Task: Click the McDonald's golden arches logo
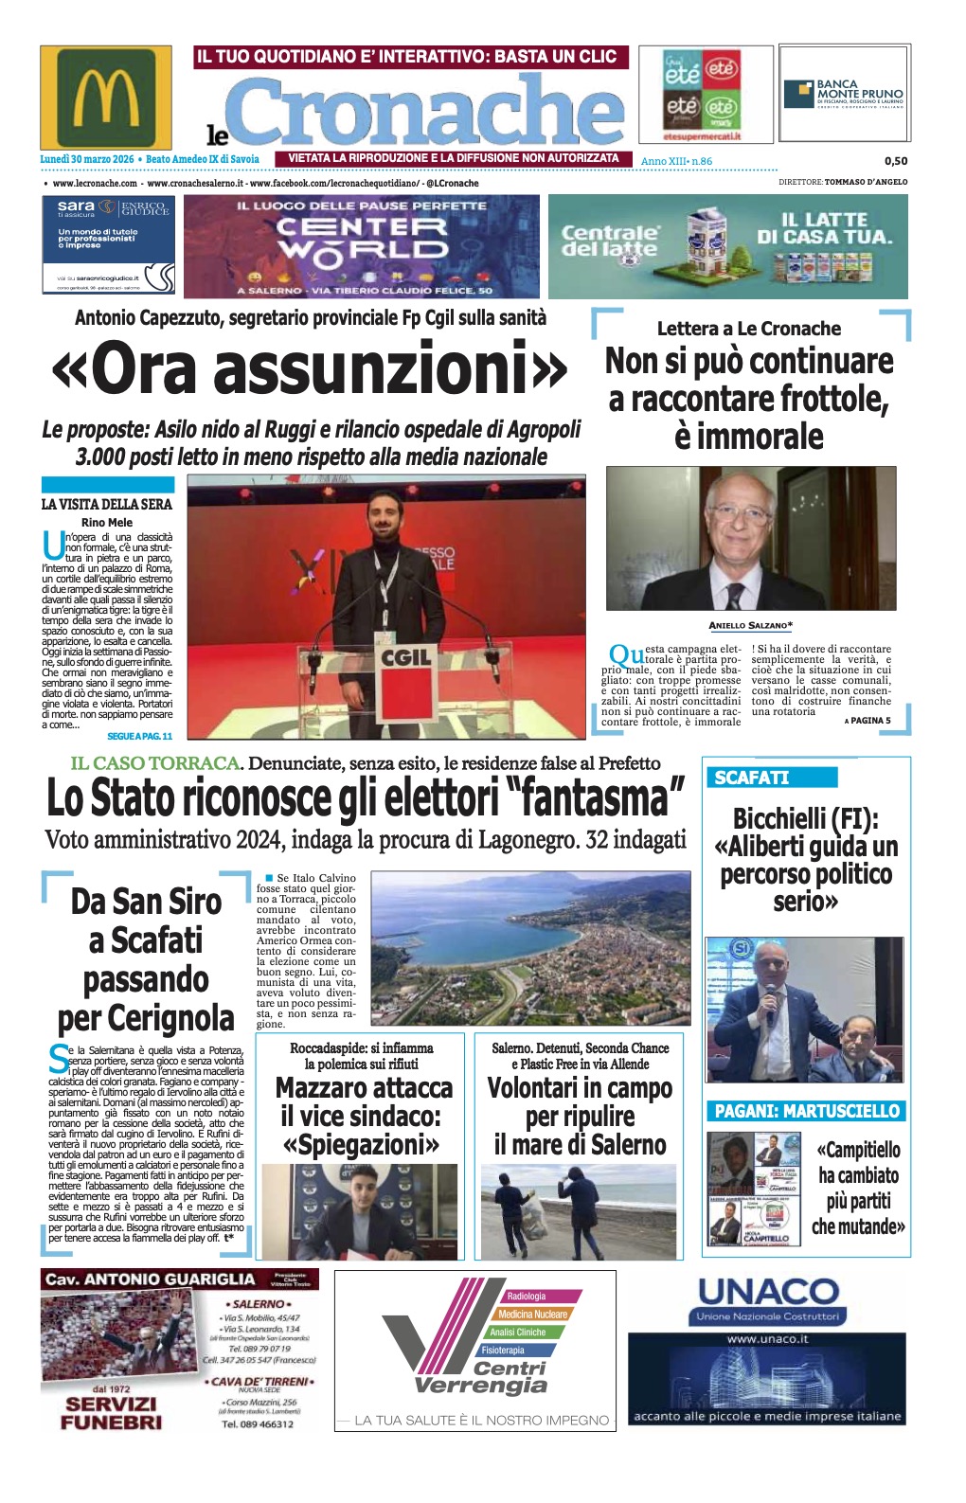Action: (105, 96)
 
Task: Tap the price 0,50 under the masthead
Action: (895, 161)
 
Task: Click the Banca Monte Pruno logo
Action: (844, 94)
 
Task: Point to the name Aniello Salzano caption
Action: (749, 625)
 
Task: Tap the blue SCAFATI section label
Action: (752, 778)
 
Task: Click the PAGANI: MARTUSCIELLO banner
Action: (806, 1111)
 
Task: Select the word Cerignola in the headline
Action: (146, 1019)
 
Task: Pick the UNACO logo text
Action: (768, 1291)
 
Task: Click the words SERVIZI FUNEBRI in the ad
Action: (111, 1413)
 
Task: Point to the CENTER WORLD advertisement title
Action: (362, 238)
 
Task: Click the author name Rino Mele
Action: (107, 522)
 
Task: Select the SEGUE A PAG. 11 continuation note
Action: (139, 736)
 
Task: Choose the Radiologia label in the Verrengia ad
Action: (527, 1296)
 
